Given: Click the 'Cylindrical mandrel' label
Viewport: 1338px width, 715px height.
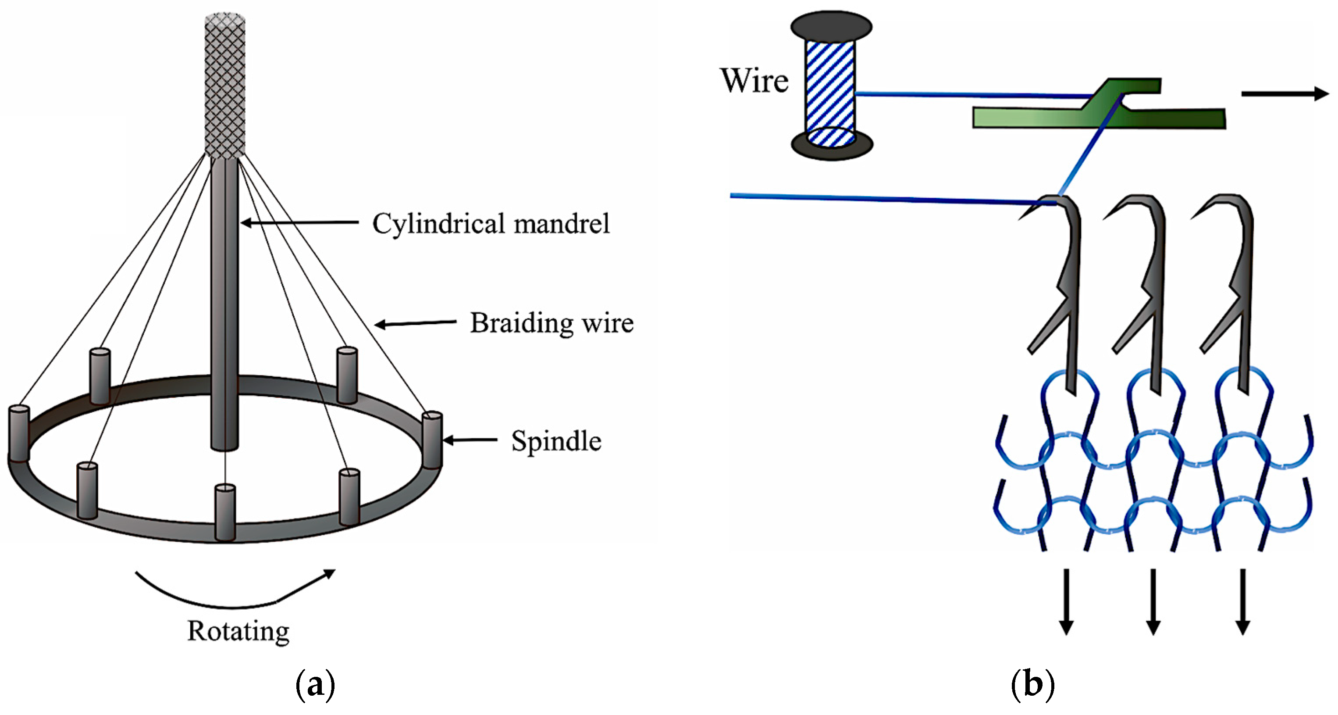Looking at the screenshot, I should click(491, 224).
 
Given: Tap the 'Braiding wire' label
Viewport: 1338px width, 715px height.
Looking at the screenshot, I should click(552, 323).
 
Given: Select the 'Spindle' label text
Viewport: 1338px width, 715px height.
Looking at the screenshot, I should click(556, 441).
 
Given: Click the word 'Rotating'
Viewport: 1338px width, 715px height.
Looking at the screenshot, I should click(238, 631).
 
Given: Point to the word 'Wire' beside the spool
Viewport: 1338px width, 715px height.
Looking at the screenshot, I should click(754, 81).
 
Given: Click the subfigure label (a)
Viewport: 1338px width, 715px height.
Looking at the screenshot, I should click(315, 685).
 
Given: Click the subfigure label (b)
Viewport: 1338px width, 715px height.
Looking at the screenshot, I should click(1032, 685).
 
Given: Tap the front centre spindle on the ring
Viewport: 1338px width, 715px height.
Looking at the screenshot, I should click(225, 512).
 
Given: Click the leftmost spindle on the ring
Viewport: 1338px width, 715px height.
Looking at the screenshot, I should click(19, 433).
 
